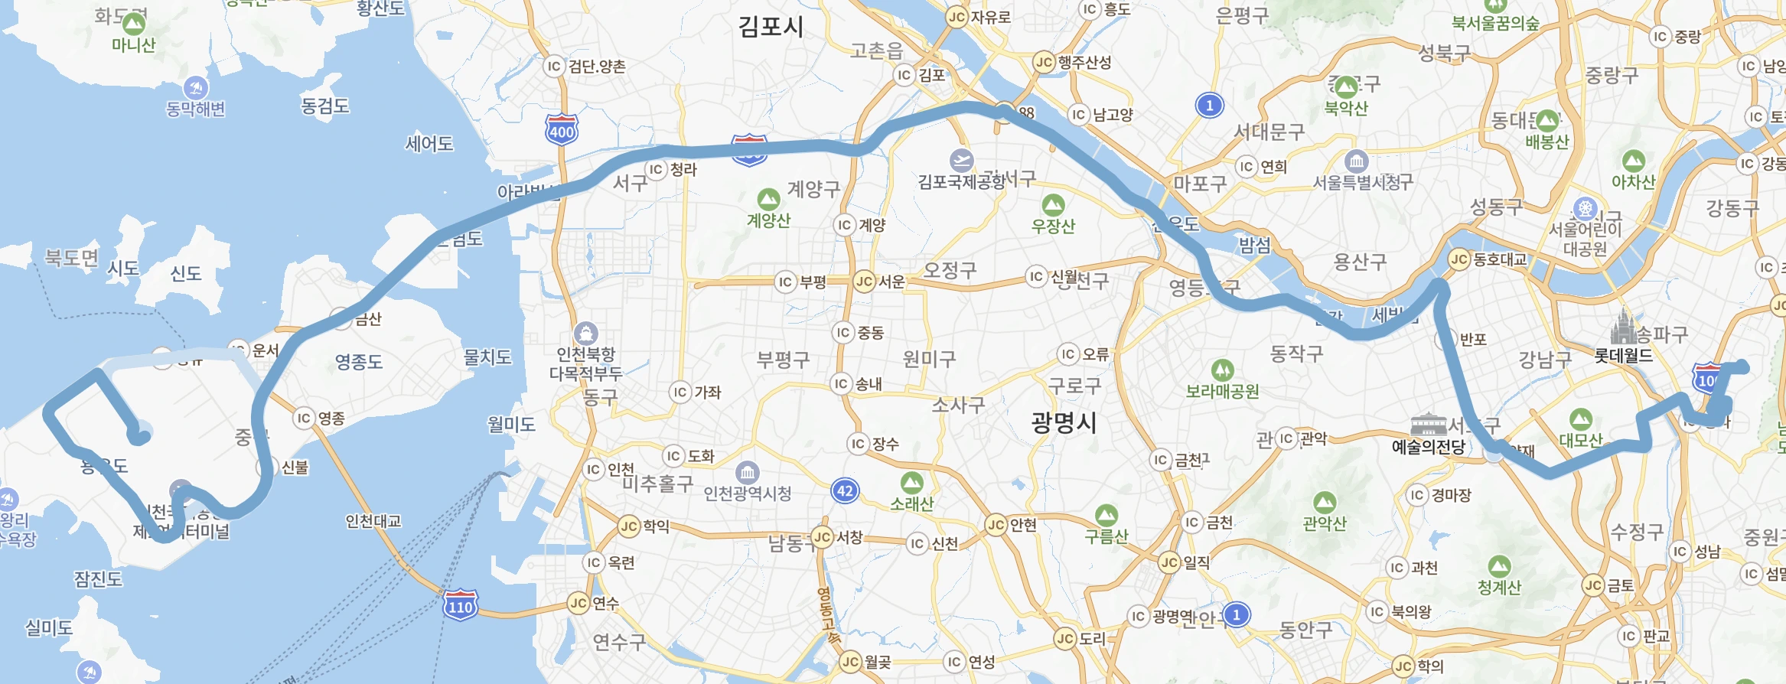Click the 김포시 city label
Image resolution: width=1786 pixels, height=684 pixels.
[x=771, y=27]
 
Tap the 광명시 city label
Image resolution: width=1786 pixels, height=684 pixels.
[x=1064, y=422]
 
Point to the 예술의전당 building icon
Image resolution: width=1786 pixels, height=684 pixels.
[x=1428, y=425]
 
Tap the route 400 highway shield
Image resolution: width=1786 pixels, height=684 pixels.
[x=562, y=130]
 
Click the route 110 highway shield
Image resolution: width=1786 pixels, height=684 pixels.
[x=461, y=606]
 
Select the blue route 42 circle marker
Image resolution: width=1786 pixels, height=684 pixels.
[x=845, y=490]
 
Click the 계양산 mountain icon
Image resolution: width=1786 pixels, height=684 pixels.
[x=768, y=200]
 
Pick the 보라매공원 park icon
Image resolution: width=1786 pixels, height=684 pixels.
[x=1222, y=370]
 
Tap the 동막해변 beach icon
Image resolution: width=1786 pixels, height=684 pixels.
[x=196, y=88]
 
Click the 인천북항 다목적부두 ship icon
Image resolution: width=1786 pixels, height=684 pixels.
[x=585, y=333]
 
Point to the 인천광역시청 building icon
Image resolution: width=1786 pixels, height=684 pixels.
[x=747, y=472]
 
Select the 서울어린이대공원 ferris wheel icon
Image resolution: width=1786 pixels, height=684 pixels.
[x=1585, y=208]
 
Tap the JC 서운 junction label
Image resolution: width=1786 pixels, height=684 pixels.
[x=879, y=282]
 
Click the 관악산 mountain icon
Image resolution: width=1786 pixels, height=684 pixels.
[x=1325, y=503]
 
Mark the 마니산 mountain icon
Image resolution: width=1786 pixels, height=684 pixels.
[x=133, y=24]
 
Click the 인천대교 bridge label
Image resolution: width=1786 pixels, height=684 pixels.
[x=373, y=521]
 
